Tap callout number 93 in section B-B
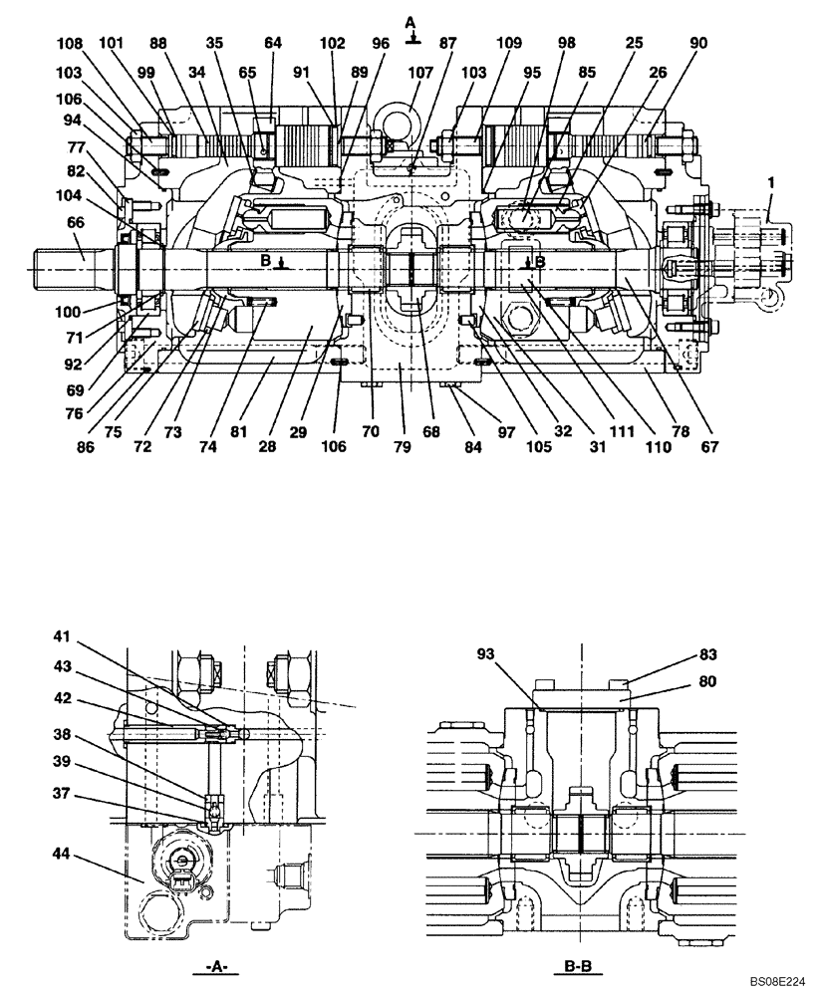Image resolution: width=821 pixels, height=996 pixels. [x=486, y=653]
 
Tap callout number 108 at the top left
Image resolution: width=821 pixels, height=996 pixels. [x=69, y=44]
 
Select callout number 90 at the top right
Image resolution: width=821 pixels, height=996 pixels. [x=697, y=44]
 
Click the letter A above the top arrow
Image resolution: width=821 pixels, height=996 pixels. [x=410, y=22]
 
